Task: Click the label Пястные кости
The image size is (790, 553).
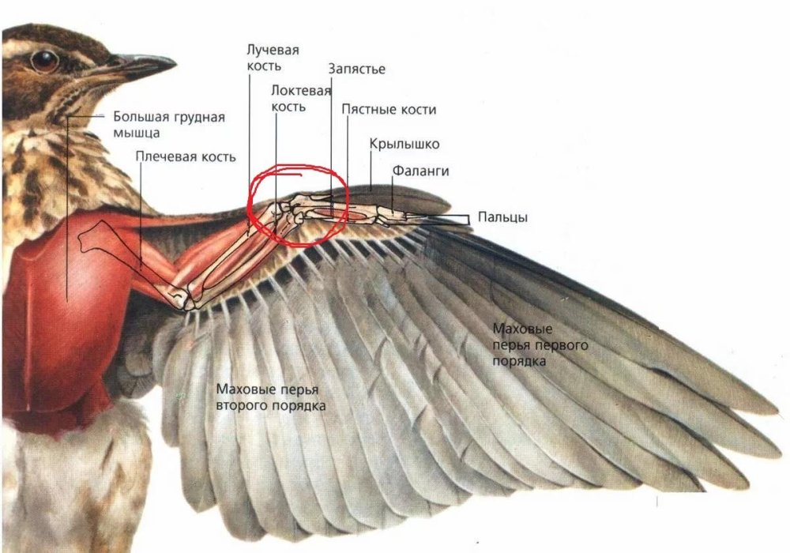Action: point(389,110)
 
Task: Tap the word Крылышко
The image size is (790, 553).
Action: point(404,145)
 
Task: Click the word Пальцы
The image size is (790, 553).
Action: point(502,218)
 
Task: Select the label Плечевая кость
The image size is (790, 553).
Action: point(185,156)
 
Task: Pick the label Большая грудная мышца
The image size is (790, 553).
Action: point(168,125)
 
